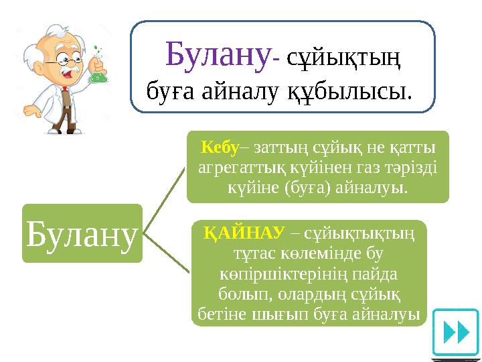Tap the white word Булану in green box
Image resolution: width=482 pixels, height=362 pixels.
coord(82,233)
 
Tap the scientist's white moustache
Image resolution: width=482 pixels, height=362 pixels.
coord(65,72)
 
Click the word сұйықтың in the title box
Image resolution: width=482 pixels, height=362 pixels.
coord(343,58)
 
